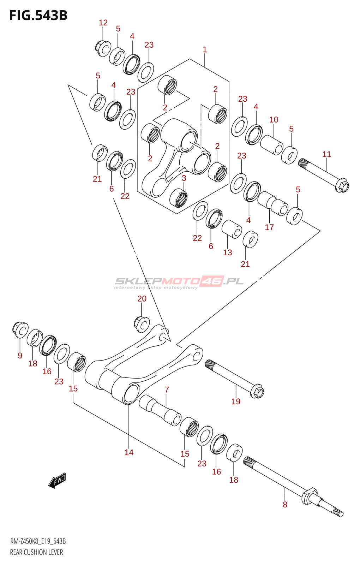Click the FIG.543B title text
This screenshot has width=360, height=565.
pyautogui.click(x=38, y=16)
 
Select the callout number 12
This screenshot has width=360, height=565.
pyautogui.click(x=103, y=23)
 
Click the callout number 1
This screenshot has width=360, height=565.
pyautogui.click(x=205, y=49)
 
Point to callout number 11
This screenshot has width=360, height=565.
pyautogui.click(x=327, y=154)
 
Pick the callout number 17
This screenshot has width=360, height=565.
pyautogui.click(x=269, y=227)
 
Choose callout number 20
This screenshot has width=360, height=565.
pyautogui.click(x=142, y=299)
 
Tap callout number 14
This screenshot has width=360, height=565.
pyautogui.click(x=129, y=452)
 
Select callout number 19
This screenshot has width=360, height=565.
pyautogui.click(x=236, y=401)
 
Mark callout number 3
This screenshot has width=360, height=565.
pyautogui.click(x=184, y=178)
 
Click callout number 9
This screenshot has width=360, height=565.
pyautogui.click(x=20, y=355)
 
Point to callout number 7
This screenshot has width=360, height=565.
pyautogui.click(x=167, y=390)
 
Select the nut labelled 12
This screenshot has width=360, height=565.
pyautogui.click(x=103, y=48)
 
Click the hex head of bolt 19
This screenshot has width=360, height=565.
pyautogui.click(x=257, y=391)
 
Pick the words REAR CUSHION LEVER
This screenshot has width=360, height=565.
pyautogui.click(x=36, y=552)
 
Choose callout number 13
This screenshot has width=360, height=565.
pyautogui.click(x=227, y=252)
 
